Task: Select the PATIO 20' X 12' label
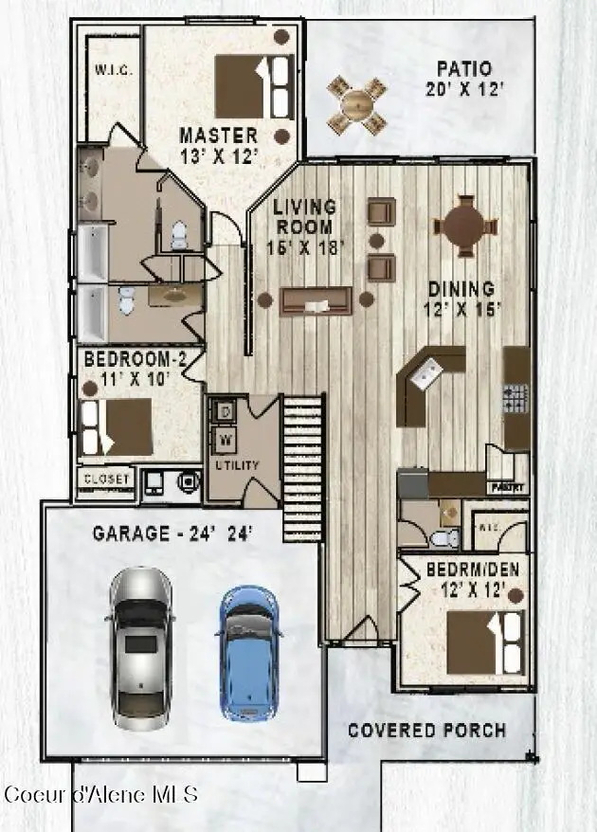click(x=463, y=78)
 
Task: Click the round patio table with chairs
click(x=357, y=102)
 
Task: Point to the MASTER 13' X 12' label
click(x=218, y=145)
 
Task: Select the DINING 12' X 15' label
click(x=461, y=298)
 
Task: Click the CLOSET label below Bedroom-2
click(x=106, y=479)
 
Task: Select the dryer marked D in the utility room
click(x=226, y=411)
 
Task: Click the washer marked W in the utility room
click(x=226, y=440)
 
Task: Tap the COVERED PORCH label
click(x=426, y=730)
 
